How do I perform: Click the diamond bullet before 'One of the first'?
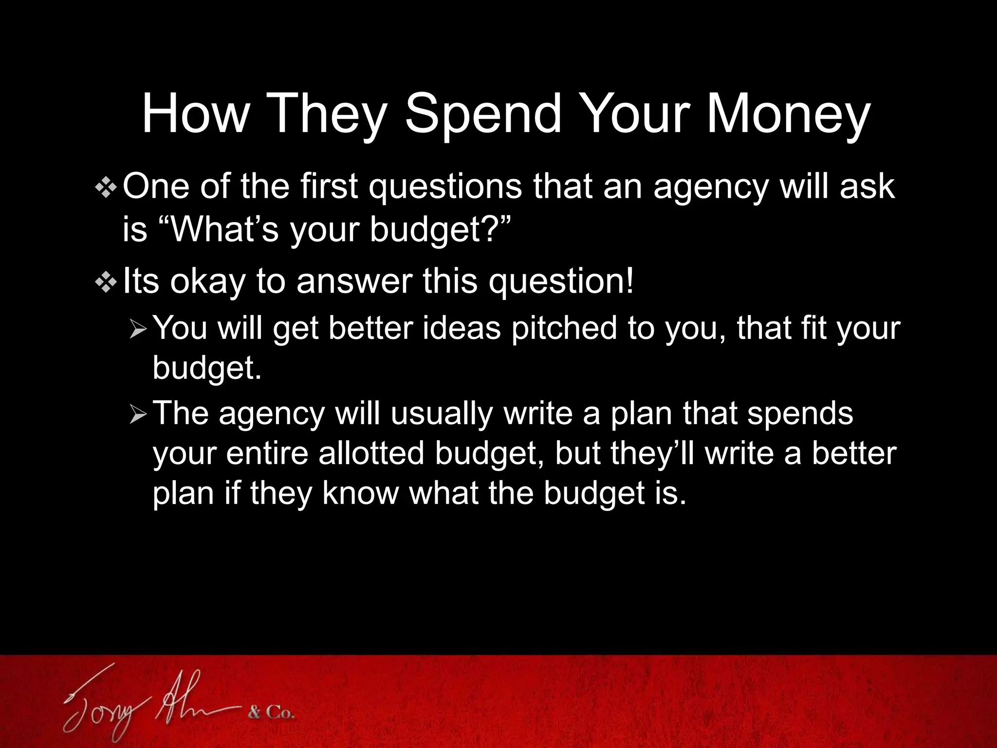(106, 187)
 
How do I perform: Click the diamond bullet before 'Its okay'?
(106, 283)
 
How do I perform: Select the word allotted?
(370, 453)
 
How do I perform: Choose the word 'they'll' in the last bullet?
(653, 453)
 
